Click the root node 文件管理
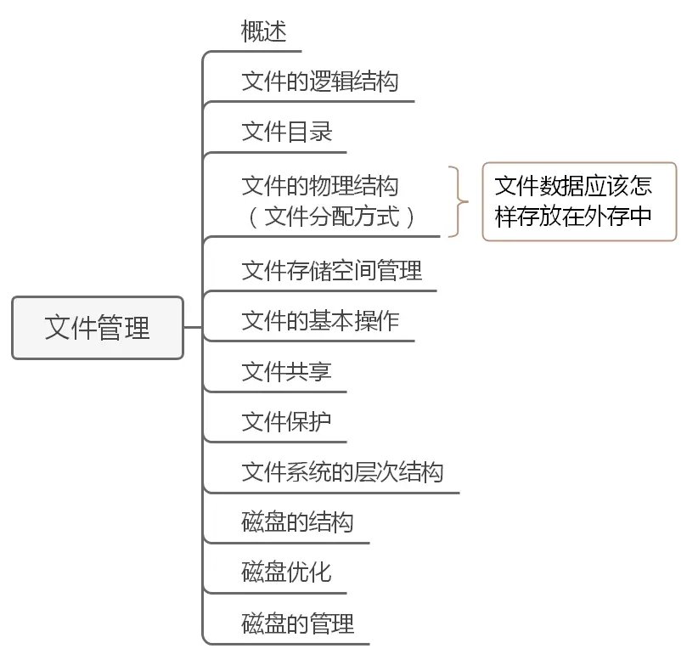point(98,328)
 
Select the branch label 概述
point(264,32)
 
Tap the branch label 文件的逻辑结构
point(319,82)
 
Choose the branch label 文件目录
point(286,132)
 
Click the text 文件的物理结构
point(319,186)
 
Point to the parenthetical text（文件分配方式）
point(331,217)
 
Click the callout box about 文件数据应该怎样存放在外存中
point(579,201)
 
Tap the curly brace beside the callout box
point(459,201)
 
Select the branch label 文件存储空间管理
point(331,271)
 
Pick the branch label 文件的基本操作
point(319,321)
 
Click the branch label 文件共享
point(286,372)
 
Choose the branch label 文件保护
point(286,422)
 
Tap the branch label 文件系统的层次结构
point(342,472)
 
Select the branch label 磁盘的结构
point(297,522)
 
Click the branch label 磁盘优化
point(286,572)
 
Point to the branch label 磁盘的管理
point(297,624)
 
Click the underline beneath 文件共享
point(280,392)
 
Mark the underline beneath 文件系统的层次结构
point(340,493)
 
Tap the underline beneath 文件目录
point(280,153)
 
